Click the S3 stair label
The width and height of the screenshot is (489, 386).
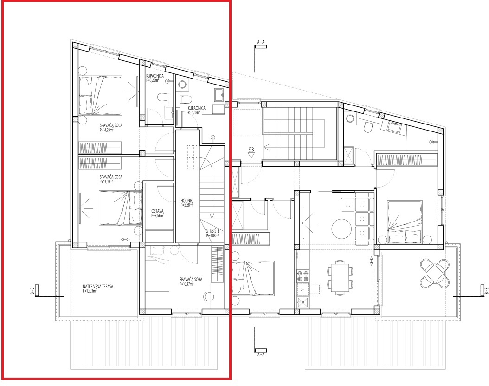(251, 150)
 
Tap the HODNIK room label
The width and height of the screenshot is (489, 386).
(187, 201)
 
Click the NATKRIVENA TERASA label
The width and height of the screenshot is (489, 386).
(98, 286)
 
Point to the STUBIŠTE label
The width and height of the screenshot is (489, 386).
(213, 231)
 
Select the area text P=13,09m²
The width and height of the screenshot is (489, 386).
(106, 182)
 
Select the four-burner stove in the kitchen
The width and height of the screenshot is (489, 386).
(303, 276)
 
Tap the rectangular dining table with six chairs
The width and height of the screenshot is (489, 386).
(340, 277)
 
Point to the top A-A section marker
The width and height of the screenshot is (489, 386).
(261, 46)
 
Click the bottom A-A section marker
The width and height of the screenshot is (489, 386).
(261, 350)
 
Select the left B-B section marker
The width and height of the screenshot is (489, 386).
(37, 290)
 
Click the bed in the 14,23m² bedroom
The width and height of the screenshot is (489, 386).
(100, 95)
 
